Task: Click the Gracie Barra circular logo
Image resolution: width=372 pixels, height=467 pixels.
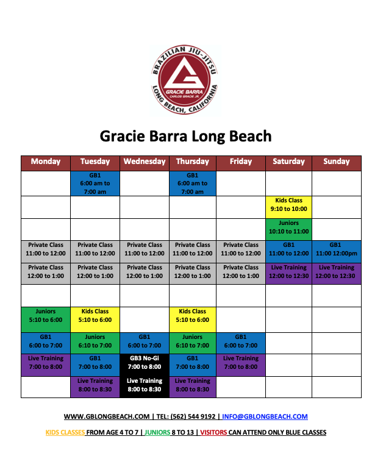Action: [185, 79]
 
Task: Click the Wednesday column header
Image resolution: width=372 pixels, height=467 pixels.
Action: [145, 163]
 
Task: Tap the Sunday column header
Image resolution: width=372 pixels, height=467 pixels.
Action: [337, 163]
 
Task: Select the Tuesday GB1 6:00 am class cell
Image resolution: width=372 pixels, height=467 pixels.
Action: [95, 184]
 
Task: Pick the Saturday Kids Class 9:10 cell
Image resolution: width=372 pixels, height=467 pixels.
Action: [288, 207]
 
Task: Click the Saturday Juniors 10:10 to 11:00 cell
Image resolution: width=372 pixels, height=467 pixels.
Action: [288, 230]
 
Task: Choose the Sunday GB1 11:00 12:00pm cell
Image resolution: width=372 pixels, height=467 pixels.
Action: [337, 252]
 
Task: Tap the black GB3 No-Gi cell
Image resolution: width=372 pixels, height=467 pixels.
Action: [145, 365]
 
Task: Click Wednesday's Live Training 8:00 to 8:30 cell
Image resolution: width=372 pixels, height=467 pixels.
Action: [145, 387]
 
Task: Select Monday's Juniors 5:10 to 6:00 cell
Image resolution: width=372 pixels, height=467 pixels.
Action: [46, 319]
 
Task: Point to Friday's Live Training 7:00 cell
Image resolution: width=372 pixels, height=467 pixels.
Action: [241, 365]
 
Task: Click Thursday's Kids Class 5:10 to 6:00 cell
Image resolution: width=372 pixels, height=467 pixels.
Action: [193, 319]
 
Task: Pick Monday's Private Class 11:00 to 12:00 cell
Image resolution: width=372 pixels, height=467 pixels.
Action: [46, 252]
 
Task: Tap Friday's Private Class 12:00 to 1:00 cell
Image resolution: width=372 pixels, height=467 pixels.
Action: [241, 274]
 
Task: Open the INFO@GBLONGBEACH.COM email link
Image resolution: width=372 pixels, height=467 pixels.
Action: [265, 416]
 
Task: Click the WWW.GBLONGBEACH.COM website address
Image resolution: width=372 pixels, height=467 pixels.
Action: [107, 416]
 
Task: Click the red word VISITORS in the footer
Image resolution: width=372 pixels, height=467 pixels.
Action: [213, 432]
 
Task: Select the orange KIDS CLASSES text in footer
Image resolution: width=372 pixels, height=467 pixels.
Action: [65, 432]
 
